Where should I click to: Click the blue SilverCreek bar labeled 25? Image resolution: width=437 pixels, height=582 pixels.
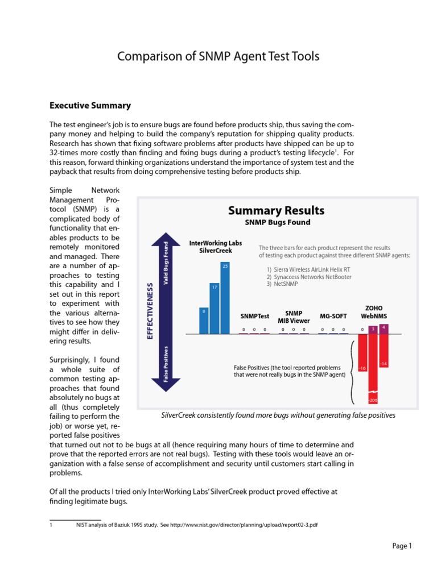click(225, 297)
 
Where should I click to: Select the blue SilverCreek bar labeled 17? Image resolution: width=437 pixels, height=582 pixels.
click(215, 308)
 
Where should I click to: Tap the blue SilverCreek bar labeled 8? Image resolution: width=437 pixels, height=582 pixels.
click(204, 320)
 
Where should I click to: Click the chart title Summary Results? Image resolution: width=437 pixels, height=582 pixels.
click(276, 211)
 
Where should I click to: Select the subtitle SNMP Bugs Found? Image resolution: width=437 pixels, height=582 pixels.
click(277, 222)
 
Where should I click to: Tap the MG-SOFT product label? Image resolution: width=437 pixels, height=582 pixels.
click(332, 315)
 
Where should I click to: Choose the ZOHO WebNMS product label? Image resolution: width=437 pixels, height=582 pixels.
click(374, 311)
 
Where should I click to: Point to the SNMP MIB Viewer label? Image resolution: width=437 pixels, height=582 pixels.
click(293, 317)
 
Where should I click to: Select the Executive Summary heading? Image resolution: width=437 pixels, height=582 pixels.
click(90, 106)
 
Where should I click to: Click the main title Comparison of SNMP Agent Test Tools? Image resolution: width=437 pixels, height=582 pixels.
click(218, 56)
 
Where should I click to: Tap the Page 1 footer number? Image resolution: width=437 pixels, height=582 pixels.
click(402, 546)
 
